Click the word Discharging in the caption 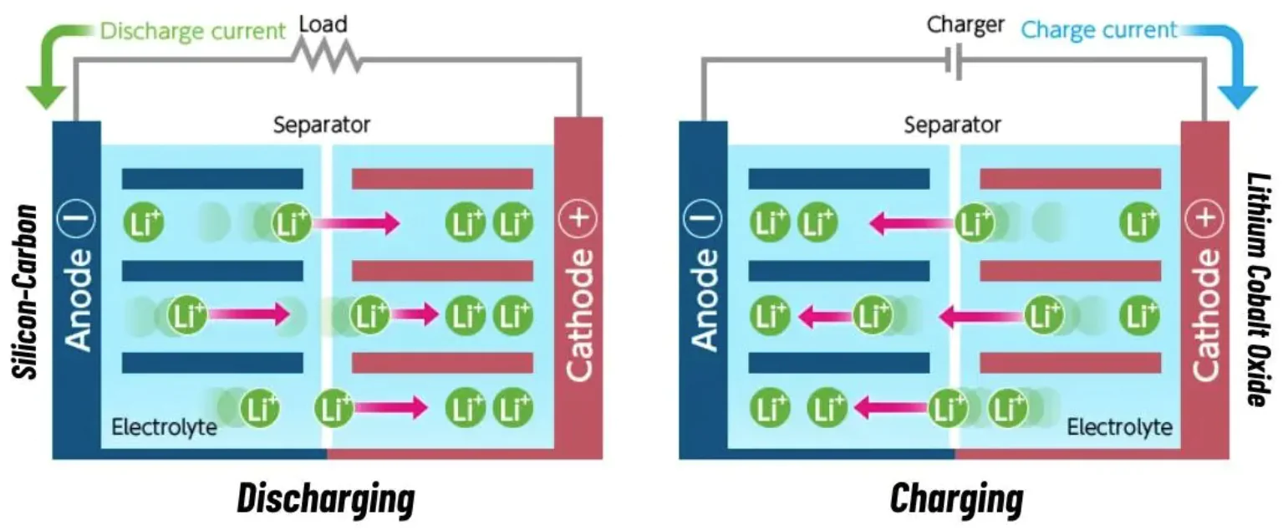[x=325, y=499]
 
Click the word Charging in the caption [x=956, y=499]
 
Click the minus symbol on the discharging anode [x=77, y=221]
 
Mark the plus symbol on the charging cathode [x=1204, y=221]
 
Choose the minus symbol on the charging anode [x=703, y=221]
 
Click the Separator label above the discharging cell [x=322, y=126]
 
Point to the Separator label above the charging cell [x=952, y=126]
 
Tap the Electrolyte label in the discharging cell [x=164, y=428]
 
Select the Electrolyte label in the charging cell [x=1119, y=428]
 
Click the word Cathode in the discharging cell [x=578, y=313]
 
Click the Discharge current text [x=192, y=33]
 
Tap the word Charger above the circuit [x=965, y=25]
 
